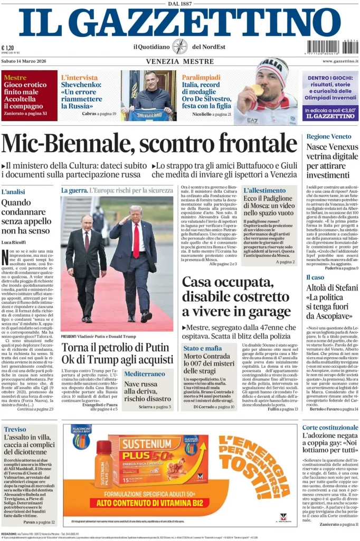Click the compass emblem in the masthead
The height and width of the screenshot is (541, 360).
click(179, 46)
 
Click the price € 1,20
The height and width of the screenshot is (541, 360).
click(8, 48)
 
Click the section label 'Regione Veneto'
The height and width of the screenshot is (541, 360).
click(328, 136)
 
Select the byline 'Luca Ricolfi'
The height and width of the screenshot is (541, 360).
click(15, 242)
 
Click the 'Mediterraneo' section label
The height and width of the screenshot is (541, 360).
click(145, 374)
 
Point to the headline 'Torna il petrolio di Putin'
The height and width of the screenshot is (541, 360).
click(116, 348)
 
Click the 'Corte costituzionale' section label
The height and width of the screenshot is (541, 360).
click(330, 427)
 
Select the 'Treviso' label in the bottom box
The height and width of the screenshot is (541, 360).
click(15, 429)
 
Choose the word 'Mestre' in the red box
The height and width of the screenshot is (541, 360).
click(15, 78)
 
